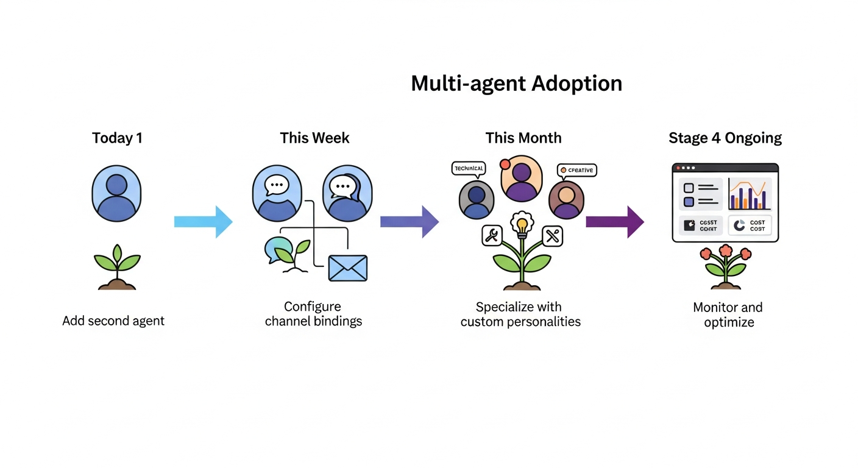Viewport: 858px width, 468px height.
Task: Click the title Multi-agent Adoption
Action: point(516,83)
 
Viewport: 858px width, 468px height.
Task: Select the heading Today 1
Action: point(117,138)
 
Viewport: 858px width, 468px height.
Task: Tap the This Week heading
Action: point(314,138)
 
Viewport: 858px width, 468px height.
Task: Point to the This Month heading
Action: point(523,138)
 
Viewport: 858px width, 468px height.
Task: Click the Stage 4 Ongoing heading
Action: point(725,138)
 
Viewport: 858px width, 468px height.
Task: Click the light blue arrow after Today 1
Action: point(203,222)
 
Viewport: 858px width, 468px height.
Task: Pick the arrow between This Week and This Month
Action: point(409,222)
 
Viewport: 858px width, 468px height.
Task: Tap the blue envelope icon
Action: point(347,268)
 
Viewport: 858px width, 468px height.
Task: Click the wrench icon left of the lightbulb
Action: point(491,235)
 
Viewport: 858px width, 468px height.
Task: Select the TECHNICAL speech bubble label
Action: point(469,168)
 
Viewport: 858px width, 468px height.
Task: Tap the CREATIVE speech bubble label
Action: point(576,171)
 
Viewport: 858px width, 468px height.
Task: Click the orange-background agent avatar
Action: point(522,178)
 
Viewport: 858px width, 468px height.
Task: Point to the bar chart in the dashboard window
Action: point(750,194)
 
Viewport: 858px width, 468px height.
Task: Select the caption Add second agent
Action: point(113,321)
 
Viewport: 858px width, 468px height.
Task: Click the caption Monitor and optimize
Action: point(728,314)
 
